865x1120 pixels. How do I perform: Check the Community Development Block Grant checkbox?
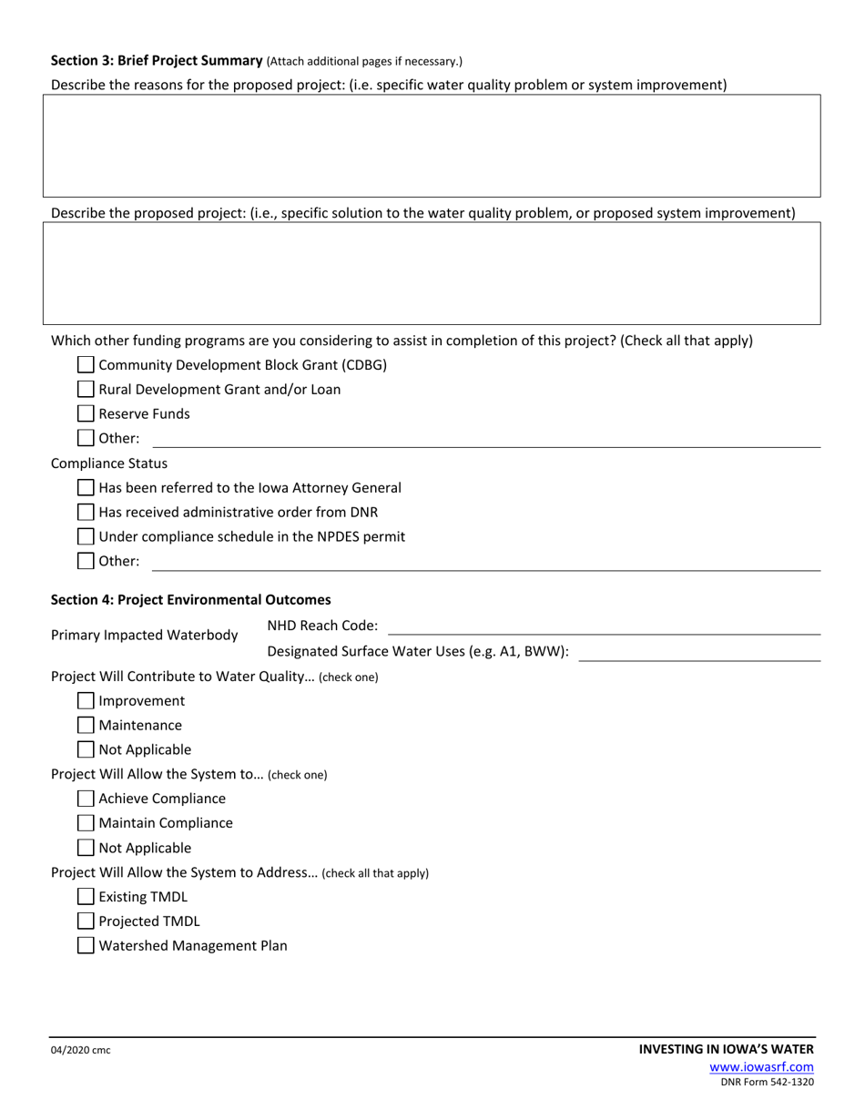[86, 365]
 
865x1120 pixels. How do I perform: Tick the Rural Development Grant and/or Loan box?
[86, 390]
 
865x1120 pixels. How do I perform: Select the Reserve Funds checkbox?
[86, 414]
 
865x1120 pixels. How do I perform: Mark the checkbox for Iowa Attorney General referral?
[86, 488]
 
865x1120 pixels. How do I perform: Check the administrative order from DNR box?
[86, 513]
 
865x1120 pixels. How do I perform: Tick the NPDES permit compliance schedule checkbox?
[86, 537]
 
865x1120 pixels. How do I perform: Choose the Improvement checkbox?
[86, 701]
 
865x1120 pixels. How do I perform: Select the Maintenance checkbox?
[86, 726]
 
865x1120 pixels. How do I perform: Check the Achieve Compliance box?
[86, 799]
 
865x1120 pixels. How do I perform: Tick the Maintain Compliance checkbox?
[86, 823]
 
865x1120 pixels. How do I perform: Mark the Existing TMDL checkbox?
[86, 897]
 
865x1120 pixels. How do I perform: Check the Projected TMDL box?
[86, 921]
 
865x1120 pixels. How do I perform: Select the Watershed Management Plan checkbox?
[86, 946]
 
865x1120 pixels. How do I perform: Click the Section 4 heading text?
[191, 600]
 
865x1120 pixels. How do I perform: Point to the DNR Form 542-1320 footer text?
[767, 1083]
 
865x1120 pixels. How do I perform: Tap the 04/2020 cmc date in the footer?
[81, 1051]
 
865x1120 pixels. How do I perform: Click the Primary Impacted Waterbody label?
[145, 635]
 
